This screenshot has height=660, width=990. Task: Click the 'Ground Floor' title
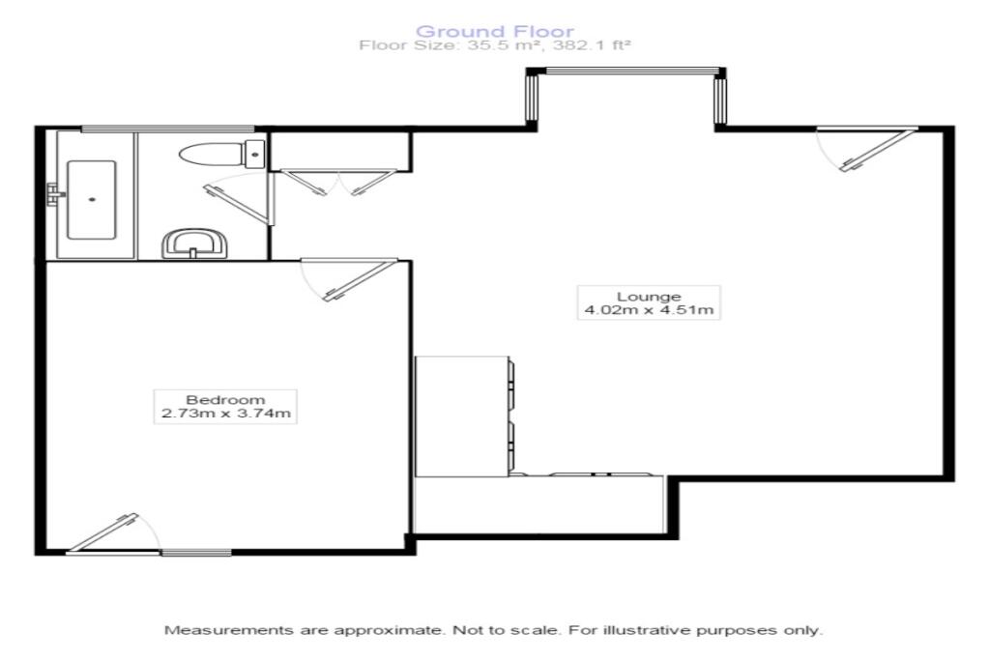494,32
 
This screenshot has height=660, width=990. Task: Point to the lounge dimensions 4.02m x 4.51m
649,311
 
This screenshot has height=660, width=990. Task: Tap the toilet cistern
253,154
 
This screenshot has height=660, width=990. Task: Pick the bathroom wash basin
194,244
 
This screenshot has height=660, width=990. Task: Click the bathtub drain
93,200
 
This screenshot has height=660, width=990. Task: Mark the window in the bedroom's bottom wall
196,553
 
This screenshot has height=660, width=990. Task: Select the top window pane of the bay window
625,71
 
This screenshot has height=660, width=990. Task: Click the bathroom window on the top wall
166,129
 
